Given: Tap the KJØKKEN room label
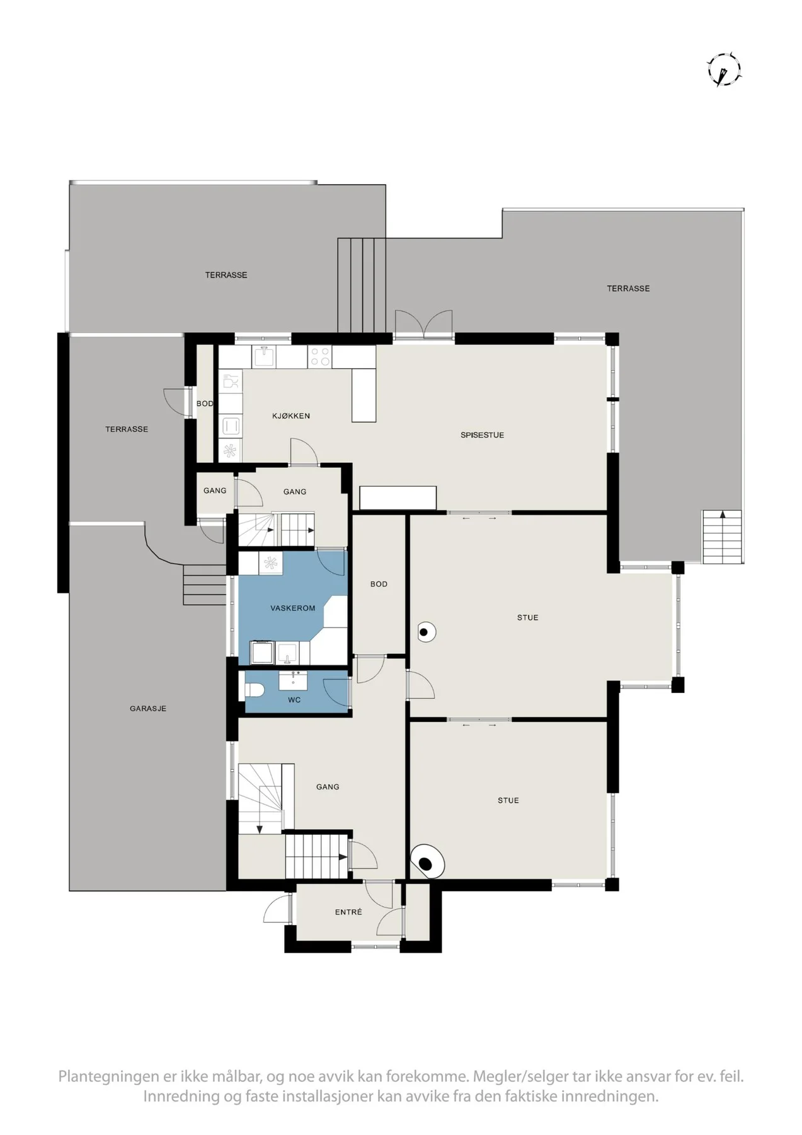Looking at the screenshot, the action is [x=291, y=416].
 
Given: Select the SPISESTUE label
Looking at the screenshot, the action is [x=482, y=435].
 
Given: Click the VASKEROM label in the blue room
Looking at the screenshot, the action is [x=292, y=608].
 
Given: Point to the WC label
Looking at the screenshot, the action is [x=294, y=700].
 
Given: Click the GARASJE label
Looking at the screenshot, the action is [x=148, y=709].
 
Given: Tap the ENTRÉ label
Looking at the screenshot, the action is [x=348, y=912].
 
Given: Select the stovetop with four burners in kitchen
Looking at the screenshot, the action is [x=320, y=357].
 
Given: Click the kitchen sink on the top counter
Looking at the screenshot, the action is [x=265, y=356].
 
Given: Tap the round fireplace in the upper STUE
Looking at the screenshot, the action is [x=426, y=632].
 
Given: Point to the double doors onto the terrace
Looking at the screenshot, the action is [x=423, y=325].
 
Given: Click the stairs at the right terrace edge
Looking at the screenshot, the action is [x=722, y=537].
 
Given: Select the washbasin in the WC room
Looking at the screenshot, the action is [x=294, y=680].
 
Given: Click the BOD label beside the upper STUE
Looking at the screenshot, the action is [x=379, y=585].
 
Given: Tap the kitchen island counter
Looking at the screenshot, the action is [x=364, y=395].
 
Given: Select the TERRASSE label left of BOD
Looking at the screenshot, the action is [x=127, y=429].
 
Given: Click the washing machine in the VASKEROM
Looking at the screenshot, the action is [x=261, y=653].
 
